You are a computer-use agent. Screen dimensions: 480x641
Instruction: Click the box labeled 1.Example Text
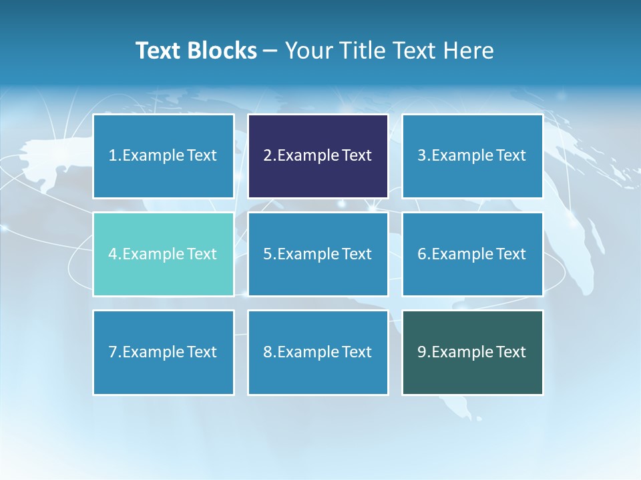(163, 156)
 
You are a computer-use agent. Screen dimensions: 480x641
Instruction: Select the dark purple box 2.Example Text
(318, 156)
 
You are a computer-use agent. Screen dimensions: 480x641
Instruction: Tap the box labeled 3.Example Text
(472, 156)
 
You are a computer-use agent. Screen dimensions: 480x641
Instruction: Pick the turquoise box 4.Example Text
(163, 254)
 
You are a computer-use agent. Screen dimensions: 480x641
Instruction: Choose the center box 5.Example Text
(318, 254)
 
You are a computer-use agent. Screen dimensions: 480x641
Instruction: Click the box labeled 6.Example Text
(472, 254)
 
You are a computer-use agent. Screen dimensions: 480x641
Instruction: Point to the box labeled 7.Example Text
(163, 352)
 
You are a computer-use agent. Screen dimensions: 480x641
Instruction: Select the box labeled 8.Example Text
(318, 352)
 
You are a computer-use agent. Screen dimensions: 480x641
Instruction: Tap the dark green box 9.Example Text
(472, 352)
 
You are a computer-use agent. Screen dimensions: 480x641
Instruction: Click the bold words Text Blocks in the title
(196, 51)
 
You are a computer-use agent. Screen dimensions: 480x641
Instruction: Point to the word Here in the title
(471, 51)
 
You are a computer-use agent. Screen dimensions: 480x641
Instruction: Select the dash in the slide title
(270, 51)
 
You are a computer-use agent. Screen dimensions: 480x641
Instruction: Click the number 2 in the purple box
(267, 156)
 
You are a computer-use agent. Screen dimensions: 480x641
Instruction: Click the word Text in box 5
(357, 254)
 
